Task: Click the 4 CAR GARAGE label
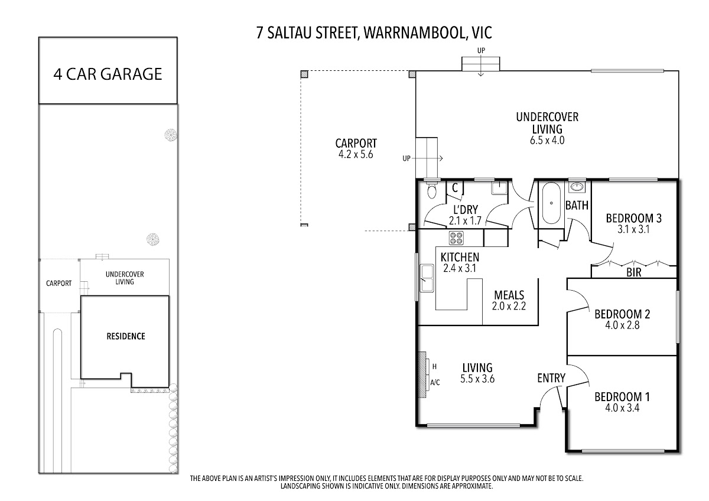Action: pos(108,74)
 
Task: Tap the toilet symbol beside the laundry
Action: pos(432,189)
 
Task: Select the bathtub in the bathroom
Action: pos(551,203)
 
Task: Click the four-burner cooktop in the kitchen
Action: pos(456,238)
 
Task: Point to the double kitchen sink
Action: pos(427,278)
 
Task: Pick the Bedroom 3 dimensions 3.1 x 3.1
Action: pos(633,229)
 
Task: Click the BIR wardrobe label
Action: pos(633,272)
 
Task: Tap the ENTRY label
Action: pos(551,378)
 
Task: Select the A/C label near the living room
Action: pos(435,383)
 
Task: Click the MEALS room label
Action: pos(509,295)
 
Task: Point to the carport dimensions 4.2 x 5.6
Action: pos(356,154)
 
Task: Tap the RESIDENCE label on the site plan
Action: pos(126,336)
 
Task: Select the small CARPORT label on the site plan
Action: pos(59,283)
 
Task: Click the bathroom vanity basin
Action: pos(577,187)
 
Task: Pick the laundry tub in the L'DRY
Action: pos(499,188)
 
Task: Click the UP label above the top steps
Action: pos(481,51)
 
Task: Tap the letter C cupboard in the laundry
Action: pos(455,188)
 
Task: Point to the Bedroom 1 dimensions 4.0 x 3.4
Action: pos(622,408)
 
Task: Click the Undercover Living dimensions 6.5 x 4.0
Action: pos(547,140)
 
